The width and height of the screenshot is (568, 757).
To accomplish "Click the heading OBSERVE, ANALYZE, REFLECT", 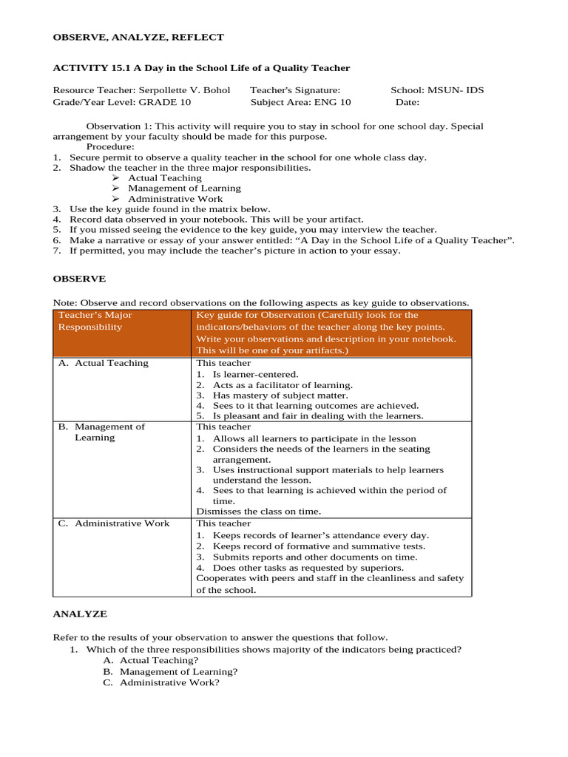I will click(x=138, y=37).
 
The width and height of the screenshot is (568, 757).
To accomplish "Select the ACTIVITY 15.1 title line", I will click(x=201, y=68).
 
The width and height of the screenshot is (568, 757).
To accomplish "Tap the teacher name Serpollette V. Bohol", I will click(x=184, y=90).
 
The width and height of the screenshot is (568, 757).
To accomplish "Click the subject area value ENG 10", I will click(x=333, y=102).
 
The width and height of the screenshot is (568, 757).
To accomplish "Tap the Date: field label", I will click(x=408, y=102).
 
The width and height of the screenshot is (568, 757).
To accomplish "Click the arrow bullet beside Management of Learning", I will click(x=115, y=189).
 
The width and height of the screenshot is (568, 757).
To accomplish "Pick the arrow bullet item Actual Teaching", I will click(x=164, y=178).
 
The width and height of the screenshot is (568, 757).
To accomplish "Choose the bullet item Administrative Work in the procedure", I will click(x=175, y=199).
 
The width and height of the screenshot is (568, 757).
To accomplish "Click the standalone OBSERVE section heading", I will click(x=79, y=279).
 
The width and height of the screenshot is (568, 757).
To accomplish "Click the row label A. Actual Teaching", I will click(x=103, y=363).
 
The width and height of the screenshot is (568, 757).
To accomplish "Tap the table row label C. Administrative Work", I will click(x=113, y=523).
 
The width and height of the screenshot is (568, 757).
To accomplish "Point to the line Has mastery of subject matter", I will click(x=269, y=396).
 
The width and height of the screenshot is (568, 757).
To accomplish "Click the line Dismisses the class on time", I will click(x=258, y=511).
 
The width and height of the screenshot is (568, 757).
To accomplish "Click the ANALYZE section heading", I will click(x=80, y=614).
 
